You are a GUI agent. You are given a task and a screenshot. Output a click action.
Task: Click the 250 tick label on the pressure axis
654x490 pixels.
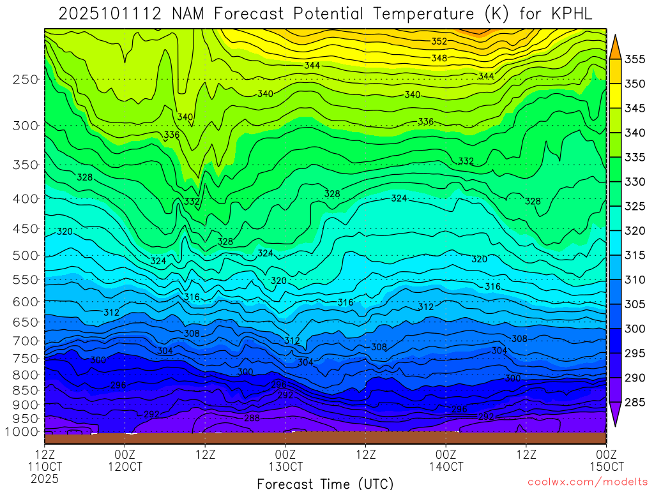pyautogui.click(x=25, y=80)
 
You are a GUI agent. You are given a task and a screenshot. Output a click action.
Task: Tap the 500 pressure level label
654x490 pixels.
pyautogui.click(x=25, y=256)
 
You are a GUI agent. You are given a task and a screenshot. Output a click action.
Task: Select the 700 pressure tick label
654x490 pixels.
pyautogui.click(x=25, y=341)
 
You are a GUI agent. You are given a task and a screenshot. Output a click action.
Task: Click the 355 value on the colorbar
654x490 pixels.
pyautogui.click(x=635, y=59)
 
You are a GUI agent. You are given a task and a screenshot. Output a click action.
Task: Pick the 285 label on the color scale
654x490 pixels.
pyautogui.click(x=635, y=402)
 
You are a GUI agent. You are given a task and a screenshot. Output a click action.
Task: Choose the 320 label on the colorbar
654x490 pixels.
pyautogui.click(x=635, y=231)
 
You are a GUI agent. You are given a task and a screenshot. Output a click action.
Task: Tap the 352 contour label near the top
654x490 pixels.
pyautogui.click(x=439, y=41)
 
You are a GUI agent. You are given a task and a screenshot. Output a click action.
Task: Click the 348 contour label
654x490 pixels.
pyautogui.click(x=439, y=58)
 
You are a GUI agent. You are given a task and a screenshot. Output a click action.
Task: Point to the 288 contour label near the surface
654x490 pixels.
pyautogui.click(x=252, y=418)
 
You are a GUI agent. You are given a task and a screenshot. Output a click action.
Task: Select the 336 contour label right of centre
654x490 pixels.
pyautogui.click(x=426, y=122)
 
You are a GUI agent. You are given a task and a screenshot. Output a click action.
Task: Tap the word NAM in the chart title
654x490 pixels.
pyautogui.click(x=192, y=14)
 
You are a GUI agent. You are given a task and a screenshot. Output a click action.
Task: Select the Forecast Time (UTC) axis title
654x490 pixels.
pyautogui.click(x=325, y=483)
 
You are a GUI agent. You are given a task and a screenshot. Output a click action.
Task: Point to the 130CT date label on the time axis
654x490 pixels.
pyautogui.click(x=285, y=466)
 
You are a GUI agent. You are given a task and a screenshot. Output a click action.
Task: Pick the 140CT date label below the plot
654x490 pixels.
pyautogui.click(x=446, y=466)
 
